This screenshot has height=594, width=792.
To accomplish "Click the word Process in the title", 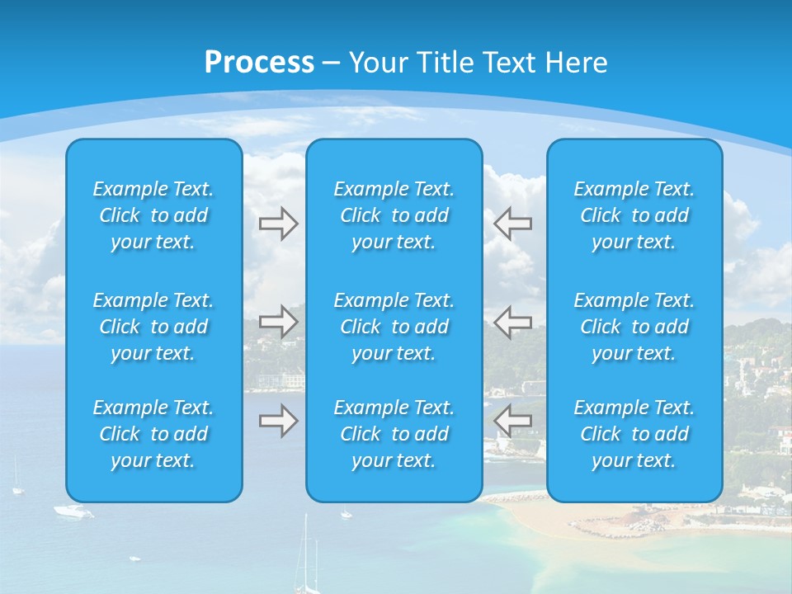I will click(x=259, y=63).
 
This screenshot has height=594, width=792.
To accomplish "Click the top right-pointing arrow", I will click(x=278, y=224).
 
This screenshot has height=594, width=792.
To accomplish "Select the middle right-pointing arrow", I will click(x=278, y=321).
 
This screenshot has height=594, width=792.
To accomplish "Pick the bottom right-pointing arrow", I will click(x=278, y=422).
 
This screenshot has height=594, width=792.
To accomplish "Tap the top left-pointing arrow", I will click(x=512, y=224).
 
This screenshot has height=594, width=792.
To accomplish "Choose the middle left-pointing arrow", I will click(x=512, y=321).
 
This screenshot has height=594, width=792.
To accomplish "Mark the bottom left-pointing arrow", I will click(x=512, y=422).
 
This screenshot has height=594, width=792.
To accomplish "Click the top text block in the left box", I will click(x=153, y=215).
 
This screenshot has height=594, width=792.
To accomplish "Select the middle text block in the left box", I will click(x=153, y=327).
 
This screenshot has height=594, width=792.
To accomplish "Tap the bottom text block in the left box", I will click(x=153, y=434).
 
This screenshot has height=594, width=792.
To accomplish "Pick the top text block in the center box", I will click(x=394, y=215).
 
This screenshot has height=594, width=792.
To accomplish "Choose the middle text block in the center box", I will click(x=394, y=327).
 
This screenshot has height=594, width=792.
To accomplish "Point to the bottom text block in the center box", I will click(x=394, y=434).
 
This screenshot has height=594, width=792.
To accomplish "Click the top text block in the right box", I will click(x=634, y=215).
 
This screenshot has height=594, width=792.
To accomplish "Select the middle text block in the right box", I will click(x=634, y=327).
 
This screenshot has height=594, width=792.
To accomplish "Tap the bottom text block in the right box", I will click(x=634, y=434).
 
